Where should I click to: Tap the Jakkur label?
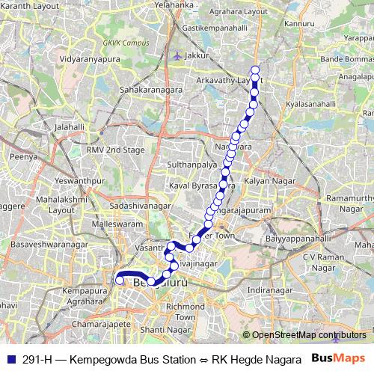click(197, 55)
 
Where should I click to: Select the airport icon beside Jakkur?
click(176, 55)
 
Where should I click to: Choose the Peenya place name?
click(22, 157)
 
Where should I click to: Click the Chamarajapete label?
click(102, 325)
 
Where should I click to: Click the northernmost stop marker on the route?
click(255, 70)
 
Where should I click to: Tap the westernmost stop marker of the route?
click(119, 281)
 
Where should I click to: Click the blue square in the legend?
click(9, 359)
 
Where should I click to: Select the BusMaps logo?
click(339, 359)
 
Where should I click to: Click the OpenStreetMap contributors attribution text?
click(309, 335)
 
